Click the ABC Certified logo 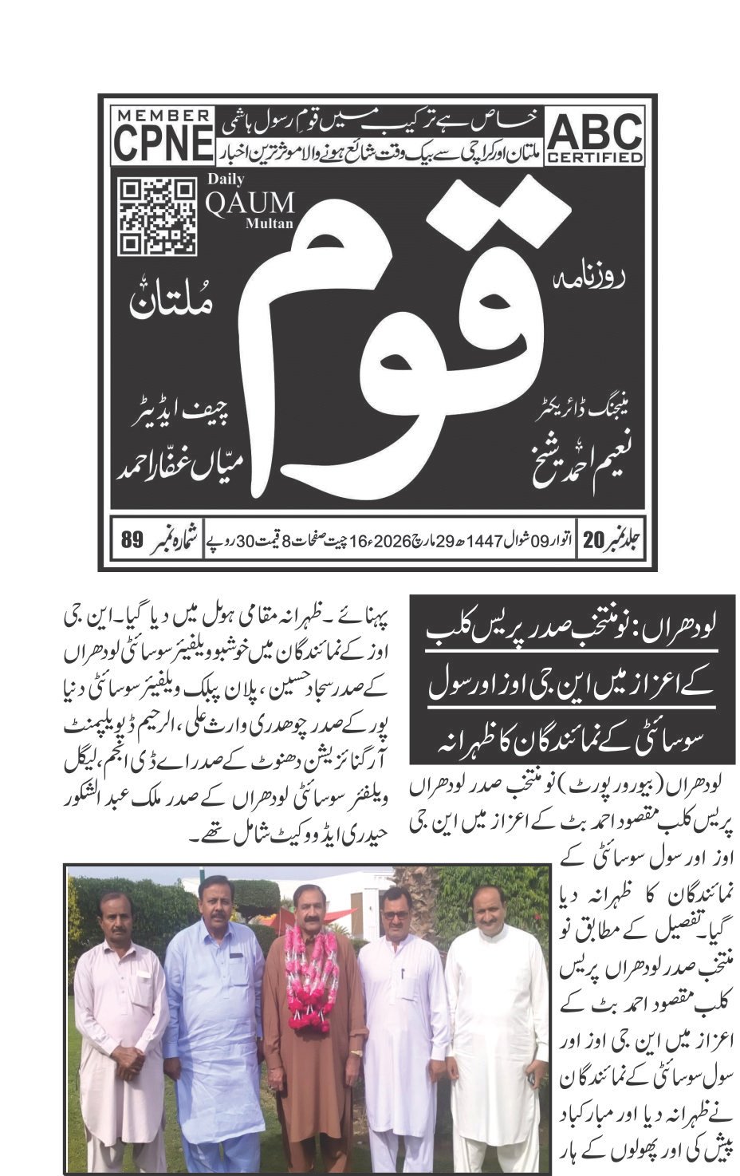[595, 137]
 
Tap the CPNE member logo [163, 137]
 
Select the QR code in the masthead [157, 216]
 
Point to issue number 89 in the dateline [132, 539]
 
